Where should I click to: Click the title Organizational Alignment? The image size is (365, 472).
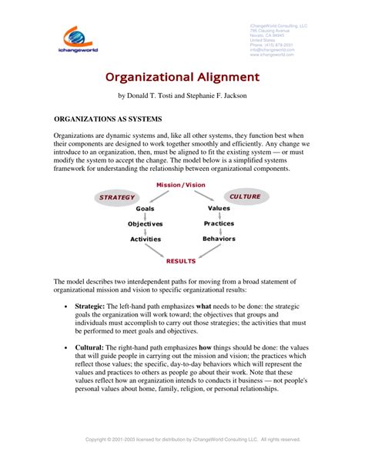click(x=182, y=78)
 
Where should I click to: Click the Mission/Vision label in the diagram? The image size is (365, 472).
click(x=180, y=186)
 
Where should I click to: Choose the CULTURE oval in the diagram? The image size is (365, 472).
click(x=245, y=196)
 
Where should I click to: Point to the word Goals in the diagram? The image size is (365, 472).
click(x=146, y=209)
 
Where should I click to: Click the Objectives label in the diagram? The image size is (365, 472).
click(x=145, y=224)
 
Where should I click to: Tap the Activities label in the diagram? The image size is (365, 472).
click(x=145, y=239)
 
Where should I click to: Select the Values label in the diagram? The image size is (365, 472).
click(x=219, y=208)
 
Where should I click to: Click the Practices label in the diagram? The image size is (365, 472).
click(x=219, y=223)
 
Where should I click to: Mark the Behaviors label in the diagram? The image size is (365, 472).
click(x=219, y=239)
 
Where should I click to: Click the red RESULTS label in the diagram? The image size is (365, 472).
click(x=181, y=262)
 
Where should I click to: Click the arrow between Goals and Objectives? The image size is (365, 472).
click(x=146, y=216)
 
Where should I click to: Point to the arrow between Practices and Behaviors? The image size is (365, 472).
click(x=220, y=231)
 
